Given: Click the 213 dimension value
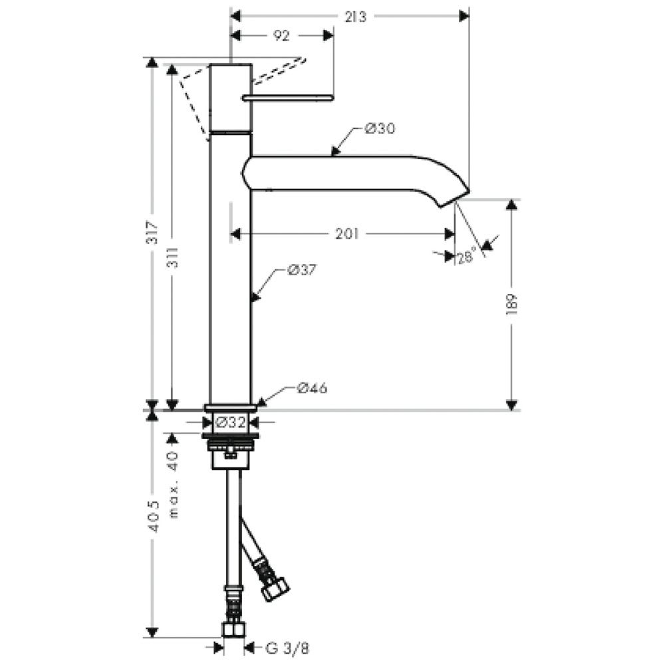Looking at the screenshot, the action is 355,17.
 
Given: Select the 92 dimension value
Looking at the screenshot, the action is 281,36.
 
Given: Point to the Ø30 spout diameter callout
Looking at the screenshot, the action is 380,128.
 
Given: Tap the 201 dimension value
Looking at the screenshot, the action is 347,233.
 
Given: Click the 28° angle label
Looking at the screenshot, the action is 465,257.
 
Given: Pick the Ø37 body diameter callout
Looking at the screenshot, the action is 302,270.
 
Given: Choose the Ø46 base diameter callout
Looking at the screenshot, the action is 312,388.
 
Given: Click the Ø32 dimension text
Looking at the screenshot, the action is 230,422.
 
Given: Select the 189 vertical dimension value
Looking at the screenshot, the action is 512,304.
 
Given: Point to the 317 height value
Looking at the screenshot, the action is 153,232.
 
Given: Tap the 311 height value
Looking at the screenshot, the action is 174,257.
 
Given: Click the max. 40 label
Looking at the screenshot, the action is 174,484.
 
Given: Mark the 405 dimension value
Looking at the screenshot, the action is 154,517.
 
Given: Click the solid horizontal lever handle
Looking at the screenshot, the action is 288,98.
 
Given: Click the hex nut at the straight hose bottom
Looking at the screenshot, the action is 233,629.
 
